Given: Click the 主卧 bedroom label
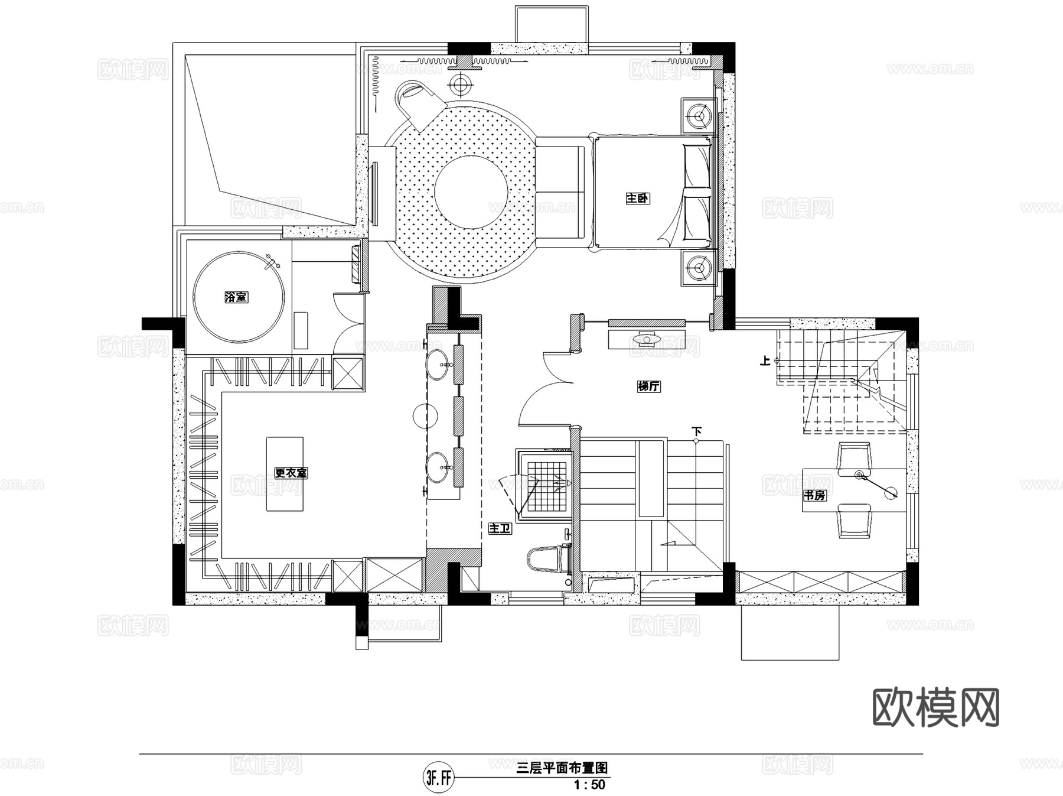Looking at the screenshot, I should click(x=638, y=199).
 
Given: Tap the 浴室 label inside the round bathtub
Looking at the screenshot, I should click(x=236, y=297).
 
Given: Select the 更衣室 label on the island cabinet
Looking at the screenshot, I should click(x=291, y=473).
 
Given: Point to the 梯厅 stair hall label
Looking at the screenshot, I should click(x=648, y=386).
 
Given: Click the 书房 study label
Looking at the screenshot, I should click(x=814, y=495).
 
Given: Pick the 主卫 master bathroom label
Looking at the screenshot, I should click(x=500, y=529).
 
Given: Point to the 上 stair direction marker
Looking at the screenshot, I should click(x=766, y=360).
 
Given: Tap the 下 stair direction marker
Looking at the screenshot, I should click(x=697, y=432).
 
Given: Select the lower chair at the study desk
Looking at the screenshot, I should click(x=855, y=521).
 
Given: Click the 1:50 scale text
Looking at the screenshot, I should click(x=589, y=785).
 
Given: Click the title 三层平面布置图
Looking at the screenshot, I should click(x=562, y=768).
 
